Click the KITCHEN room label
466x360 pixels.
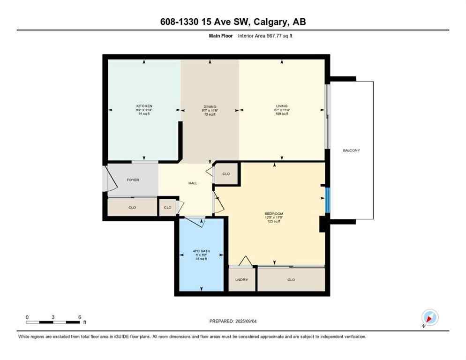point(144,106)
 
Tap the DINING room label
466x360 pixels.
point(210,106)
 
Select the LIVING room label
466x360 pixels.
point(281,106)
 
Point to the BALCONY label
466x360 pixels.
point(351,150)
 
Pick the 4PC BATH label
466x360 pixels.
point(201,251)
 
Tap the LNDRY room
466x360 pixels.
point(241,280)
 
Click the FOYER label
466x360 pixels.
point(133,180)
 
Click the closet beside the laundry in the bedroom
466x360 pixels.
point(291,280)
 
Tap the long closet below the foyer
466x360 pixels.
point(132,207)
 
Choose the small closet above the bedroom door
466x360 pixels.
point(226,174)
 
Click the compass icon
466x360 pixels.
point(429,318)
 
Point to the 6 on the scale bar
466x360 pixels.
point(80,317)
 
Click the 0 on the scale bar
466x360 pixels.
point(27,317)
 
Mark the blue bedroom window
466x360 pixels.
point(328,199)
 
